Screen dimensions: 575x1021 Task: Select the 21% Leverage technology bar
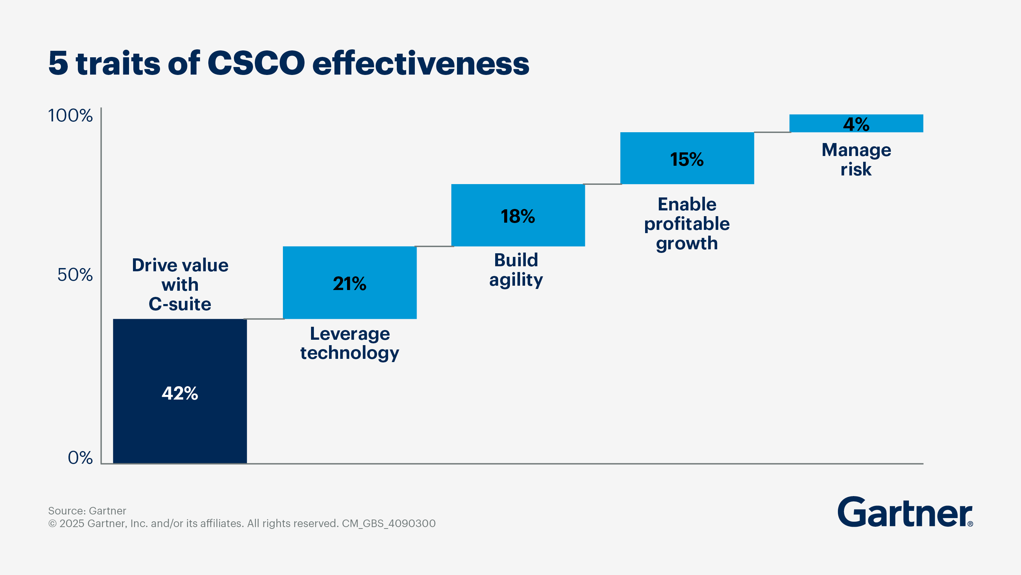click(350, 301)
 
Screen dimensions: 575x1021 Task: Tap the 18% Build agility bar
click(518, 234)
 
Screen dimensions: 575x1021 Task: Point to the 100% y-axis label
click(70, 116)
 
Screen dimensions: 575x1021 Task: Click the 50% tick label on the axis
click(75, 275)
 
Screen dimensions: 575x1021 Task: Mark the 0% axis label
click(80, 458)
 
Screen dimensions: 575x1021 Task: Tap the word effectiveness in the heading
click(421, 63)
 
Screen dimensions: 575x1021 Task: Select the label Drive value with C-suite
click(180, 285)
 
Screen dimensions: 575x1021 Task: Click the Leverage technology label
click(350, 343)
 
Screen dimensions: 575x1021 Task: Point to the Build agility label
click(516, 270)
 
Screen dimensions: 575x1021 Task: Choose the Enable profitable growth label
click(687, 224)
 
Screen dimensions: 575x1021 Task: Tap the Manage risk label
click(856, 159)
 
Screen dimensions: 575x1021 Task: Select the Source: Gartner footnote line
click(87, 511)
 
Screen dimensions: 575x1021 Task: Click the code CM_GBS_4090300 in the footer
click(389, 523)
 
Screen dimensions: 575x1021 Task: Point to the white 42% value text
click(180, 393)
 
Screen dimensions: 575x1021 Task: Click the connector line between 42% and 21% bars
click(265, 318)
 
